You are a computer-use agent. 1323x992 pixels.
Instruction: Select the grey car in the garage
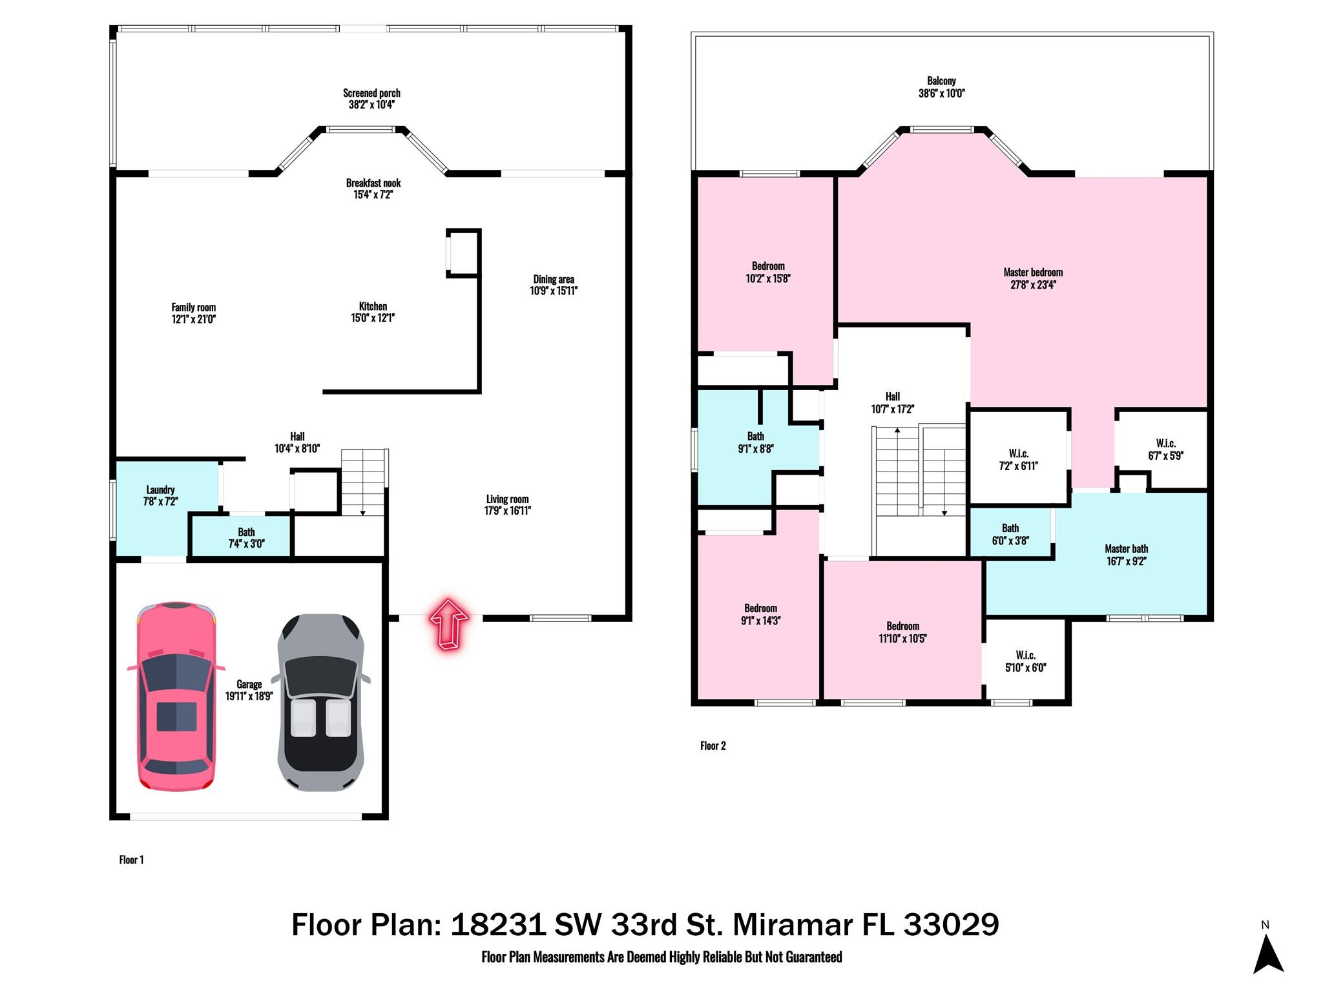tap(320, 703)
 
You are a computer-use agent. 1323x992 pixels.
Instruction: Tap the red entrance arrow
tap(449, 623)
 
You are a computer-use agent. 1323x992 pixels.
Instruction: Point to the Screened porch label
tap(371, 93)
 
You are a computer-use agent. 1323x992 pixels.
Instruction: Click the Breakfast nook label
tap(373, 183)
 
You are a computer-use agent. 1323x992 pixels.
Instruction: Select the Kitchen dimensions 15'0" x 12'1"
tap(373, 318)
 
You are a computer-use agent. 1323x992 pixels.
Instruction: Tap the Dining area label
tap(554, 279)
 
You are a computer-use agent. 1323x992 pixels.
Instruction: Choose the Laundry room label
tap(160, 490)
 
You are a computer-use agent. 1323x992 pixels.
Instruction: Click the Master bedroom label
tap(1033, 272)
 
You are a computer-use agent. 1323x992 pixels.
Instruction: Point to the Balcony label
tap(941, 81)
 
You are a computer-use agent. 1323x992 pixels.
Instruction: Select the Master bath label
tap(1126, 549)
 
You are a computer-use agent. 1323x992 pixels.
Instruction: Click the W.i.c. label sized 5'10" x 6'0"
tap(1025, 661)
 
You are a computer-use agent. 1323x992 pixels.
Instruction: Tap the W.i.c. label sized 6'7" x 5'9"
tap(1165, 449)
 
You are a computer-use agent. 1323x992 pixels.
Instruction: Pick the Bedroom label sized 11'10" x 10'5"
tap(902, 632)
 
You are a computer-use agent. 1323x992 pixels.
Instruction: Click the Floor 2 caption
tap(713, 746)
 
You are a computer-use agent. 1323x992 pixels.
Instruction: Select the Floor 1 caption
tap(131, 860)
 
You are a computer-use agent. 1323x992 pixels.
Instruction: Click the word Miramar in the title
tap(793, 925)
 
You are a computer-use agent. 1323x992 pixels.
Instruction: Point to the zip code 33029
tap(951, 925)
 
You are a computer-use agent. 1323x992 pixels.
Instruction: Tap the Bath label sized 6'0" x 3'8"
tap(1010, 534)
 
